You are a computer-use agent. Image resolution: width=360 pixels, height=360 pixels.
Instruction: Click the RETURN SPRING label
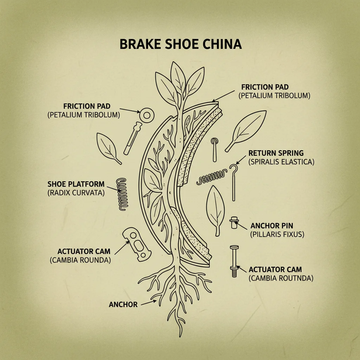coord(276,153)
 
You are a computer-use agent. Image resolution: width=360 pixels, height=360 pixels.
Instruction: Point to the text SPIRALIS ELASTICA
coord(281,162)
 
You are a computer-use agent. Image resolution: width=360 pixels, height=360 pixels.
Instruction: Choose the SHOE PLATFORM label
coord(76,184)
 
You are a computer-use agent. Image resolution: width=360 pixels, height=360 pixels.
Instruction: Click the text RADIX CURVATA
coord(76,193)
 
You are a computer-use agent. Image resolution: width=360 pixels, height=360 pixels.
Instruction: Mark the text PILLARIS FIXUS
coord(277,234)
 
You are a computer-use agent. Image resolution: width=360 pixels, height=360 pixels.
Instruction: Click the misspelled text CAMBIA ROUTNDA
coord(281,278)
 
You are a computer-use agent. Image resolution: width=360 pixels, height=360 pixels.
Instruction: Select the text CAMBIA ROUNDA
coord(81,261)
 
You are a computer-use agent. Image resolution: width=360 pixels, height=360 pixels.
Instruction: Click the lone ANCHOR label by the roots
coord(123,304)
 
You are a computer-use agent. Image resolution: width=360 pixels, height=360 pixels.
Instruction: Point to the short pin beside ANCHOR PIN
coord(233,223)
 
